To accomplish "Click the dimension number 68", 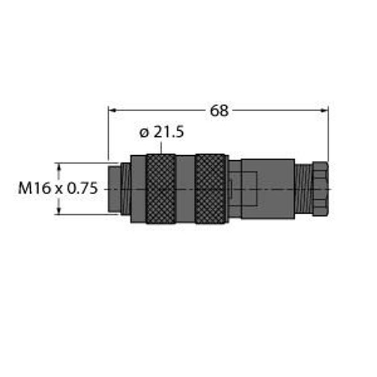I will (219, 111).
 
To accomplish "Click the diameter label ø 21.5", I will (161, 133).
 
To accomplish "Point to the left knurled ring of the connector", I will (160, 188).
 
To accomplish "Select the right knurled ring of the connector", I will (210, 188).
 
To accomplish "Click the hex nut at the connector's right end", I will (320, 188).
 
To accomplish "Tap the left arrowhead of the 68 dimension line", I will (112, 110).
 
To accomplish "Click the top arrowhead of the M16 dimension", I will (60, 167).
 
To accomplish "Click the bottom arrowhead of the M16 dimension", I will (60, 210).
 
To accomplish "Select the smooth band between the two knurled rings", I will (185, 188).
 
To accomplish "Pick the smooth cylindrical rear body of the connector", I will (267, 188).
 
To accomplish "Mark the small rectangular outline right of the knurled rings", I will (230, 188).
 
